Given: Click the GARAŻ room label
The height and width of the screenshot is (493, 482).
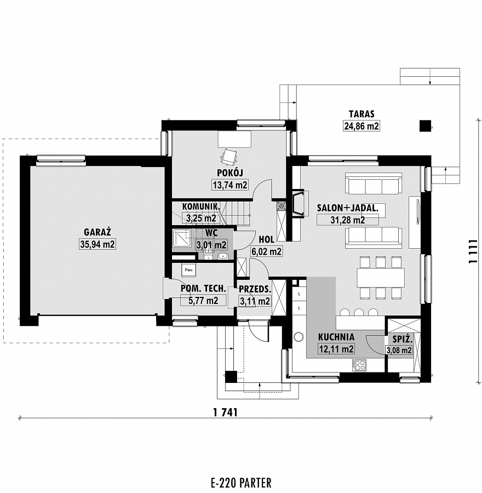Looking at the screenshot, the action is (97, 232).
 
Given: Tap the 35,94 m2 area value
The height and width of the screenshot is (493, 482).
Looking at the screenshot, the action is (97, 244).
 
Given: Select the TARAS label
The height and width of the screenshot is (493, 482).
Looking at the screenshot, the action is (361, 114).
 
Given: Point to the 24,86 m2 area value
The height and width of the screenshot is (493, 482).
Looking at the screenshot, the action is (361, 126).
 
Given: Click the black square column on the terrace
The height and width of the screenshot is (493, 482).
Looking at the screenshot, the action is (426, 126).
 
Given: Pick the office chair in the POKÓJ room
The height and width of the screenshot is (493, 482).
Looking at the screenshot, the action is (229, 157).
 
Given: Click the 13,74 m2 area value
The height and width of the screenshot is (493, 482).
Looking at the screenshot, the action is (230, 185).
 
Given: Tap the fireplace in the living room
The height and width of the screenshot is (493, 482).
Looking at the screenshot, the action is (299, 203).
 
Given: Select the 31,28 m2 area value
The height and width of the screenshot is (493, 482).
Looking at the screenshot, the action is (347, 220).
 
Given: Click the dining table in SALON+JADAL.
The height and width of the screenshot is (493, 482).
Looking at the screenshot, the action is (381, 277).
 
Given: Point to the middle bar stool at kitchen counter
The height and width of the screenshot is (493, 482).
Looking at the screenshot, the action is (359, 312).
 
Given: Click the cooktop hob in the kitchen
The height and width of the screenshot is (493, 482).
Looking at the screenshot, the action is (359, 365).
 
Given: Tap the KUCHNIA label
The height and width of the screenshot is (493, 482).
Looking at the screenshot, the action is (336, 337).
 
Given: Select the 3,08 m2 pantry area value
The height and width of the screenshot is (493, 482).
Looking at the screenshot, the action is (399, 350).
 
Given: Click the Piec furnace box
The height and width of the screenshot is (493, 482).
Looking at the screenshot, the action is (188, 270).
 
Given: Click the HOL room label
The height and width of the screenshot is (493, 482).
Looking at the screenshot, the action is (266, 239).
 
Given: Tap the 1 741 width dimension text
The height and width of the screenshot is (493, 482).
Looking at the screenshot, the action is (225, 412).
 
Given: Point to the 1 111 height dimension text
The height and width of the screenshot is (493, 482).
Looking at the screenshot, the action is (473, 251).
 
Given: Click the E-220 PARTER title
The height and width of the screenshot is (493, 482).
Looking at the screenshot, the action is (241, 482).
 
